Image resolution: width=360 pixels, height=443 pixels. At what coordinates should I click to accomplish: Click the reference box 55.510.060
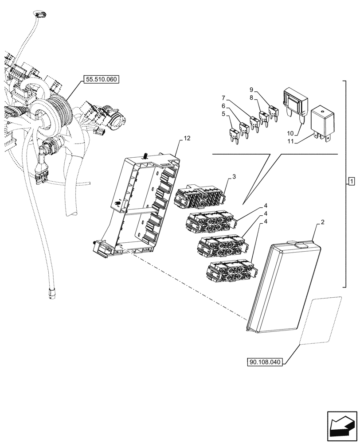[x=101, y=80]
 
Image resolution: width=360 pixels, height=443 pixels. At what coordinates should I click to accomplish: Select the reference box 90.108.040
[x=266, y=362]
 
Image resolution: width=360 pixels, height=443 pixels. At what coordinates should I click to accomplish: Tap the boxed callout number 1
[x=351, y=181]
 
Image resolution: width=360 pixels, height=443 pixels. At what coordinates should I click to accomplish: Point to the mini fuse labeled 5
[x=233, y=133]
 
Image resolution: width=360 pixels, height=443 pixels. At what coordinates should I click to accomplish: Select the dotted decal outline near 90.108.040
[x=321, y=320]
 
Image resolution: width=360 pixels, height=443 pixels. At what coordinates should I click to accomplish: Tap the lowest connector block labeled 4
[x=230, y=271]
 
